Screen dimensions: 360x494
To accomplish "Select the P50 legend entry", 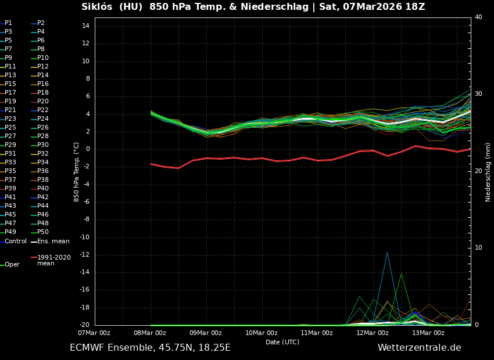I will point(42,232).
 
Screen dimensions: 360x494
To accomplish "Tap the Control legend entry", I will point(15,242).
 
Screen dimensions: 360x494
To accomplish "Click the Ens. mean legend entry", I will point(53,242).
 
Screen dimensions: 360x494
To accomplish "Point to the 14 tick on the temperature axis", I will point(85,26).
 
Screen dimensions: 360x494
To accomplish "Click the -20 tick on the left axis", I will point(83,325).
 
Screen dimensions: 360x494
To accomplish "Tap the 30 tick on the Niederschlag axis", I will point(478,93).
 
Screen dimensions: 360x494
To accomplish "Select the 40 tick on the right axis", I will point(478,17).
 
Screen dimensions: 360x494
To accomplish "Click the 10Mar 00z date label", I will point(261,333).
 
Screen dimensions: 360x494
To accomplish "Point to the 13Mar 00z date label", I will point(428,333).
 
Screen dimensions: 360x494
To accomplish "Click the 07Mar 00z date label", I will point(94,333).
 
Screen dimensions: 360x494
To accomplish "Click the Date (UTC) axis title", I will point(282,342).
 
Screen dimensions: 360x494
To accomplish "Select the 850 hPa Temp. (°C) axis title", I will point(77,172).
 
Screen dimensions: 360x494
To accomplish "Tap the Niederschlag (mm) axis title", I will point(488,172).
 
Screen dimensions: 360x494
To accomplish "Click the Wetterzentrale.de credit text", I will point(419,348).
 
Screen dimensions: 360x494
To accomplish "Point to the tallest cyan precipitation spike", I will point(387,253).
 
